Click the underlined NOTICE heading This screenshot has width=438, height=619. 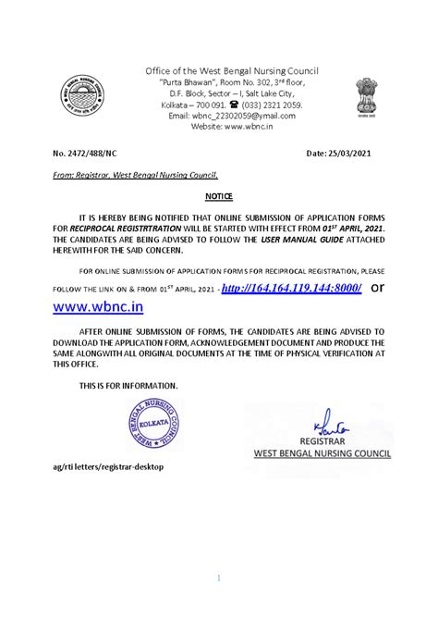pyautogui.click(x=218, y=197)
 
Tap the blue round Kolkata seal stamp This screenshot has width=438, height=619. pyautogui.click(x=144, y=429)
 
